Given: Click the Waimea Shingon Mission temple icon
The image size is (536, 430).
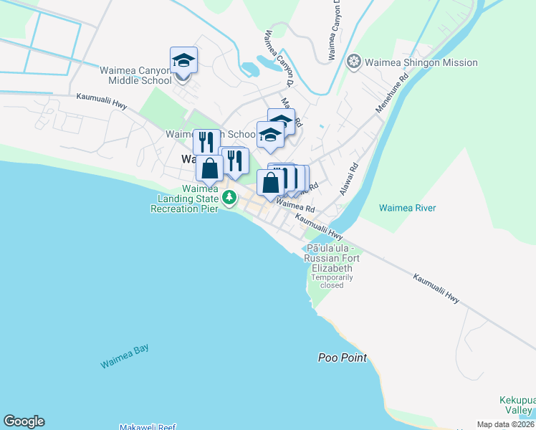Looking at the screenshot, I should tap(353, 62).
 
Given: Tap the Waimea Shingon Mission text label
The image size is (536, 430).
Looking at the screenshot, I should tap(421, 62).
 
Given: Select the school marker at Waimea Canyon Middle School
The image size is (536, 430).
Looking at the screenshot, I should tap(183, 61).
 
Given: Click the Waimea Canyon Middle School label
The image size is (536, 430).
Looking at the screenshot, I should tap(135, 75).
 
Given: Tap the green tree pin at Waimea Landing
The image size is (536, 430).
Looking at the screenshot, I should tap(229, 197).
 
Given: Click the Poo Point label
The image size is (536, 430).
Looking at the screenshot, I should tap(343, 358).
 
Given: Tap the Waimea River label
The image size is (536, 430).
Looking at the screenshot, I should tap(407, 208).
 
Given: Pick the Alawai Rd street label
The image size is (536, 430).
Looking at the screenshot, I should tap(349, 180).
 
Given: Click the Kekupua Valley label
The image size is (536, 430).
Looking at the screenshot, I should tap(517, 405).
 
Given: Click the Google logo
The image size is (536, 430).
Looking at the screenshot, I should tap(24, 421).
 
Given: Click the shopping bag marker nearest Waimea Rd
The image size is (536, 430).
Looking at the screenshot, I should tap(270, 183).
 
